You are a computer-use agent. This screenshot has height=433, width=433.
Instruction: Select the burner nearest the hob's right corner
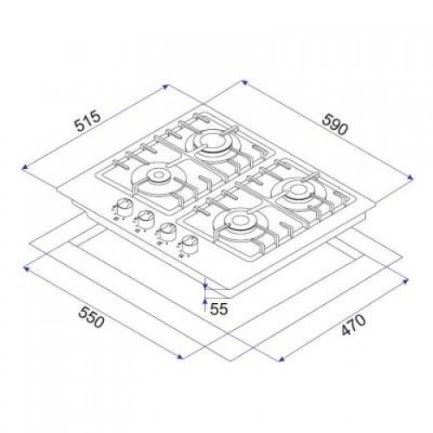[x=299, y=189]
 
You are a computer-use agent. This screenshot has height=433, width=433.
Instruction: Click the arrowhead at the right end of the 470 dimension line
[x=409, y=279]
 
